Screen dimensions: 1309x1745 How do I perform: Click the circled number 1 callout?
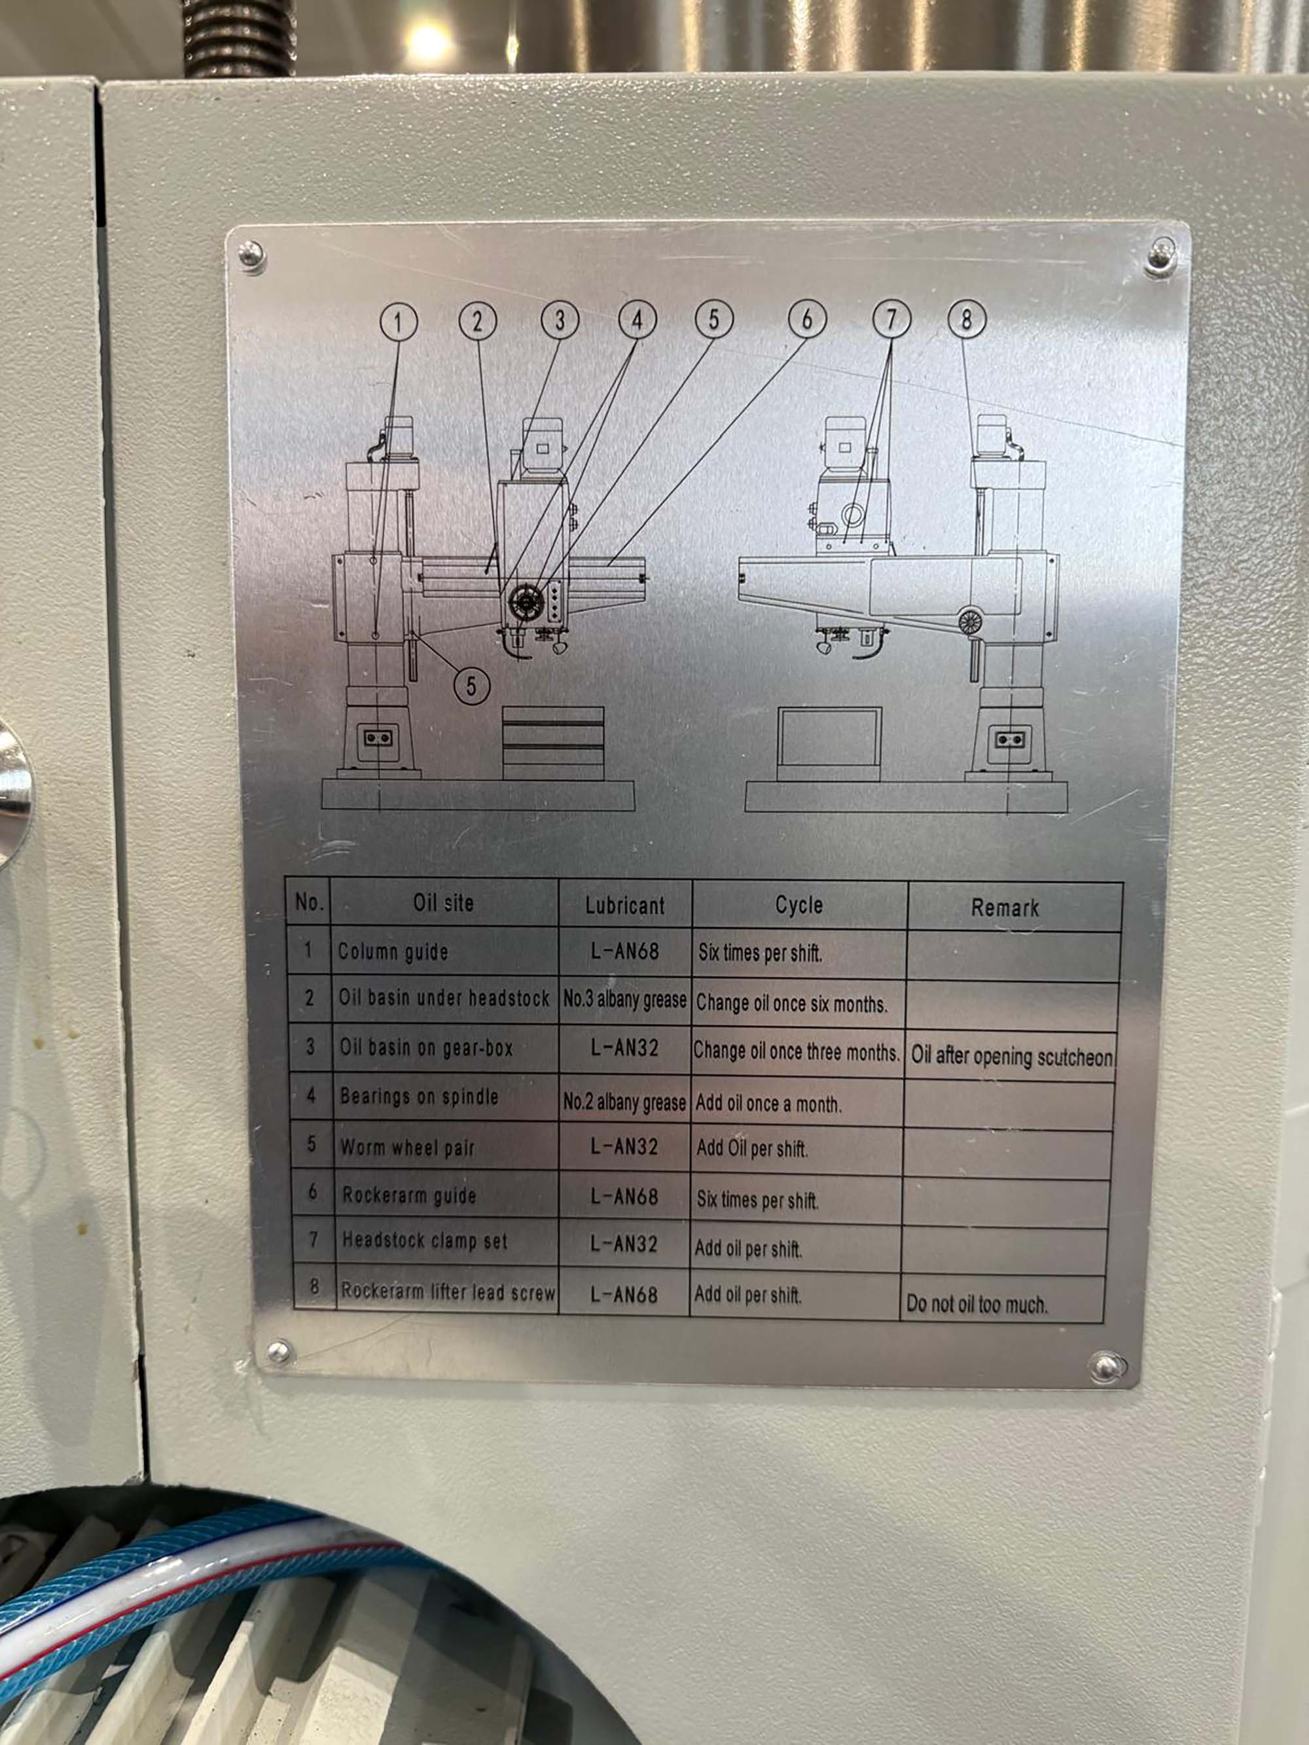tap(399, 322)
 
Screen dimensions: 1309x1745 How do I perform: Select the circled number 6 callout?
tap(806, 319)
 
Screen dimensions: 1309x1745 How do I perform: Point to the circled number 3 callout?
tap(560, 321)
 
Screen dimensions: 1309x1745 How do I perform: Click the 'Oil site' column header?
tap(444, 902)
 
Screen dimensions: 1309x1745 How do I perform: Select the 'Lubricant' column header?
tap(625, 905)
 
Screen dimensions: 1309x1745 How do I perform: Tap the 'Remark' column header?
tap(1005, 908)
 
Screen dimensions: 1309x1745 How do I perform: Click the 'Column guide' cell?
tap(393, 951)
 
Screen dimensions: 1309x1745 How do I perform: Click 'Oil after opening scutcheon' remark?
tap(1013, 1055)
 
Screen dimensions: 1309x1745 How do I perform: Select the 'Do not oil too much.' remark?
tap(977, 1304)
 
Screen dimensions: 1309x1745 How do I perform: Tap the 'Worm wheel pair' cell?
tap(407, 1147)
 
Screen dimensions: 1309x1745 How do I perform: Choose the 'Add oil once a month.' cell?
tap(768, 1104)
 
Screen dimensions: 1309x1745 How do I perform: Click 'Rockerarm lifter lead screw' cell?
tap(448, 1292)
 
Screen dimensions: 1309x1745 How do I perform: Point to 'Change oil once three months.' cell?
tap(796, 1051)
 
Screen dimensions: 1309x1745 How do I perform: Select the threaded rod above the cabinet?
tap(238, 38)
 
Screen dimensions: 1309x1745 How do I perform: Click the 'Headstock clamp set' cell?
tap(425, 1241)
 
